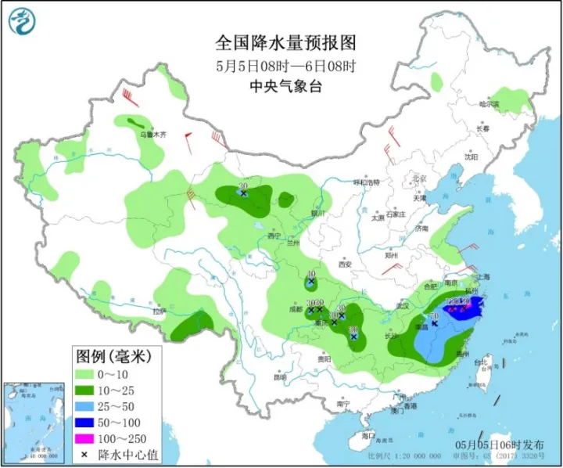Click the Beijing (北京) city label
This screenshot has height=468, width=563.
click(x=419, y=178)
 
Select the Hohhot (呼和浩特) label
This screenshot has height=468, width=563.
click(x=366, y=182)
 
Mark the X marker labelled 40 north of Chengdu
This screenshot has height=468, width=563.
click(x=311, y=281)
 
